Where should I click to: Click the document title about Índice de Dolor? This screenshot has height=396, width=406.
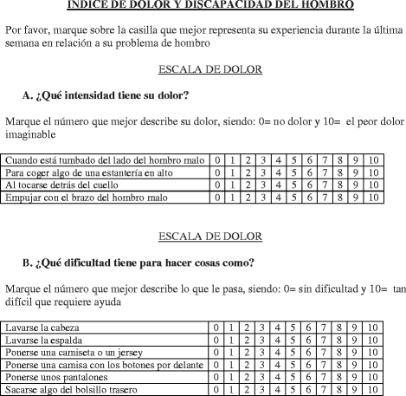[203, 5]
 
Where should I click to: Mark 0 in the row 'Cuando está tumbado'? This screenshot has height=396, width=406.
[220, 160]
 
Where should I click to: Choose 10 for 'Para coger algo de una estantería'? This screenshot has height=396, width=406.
[372, 172]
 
